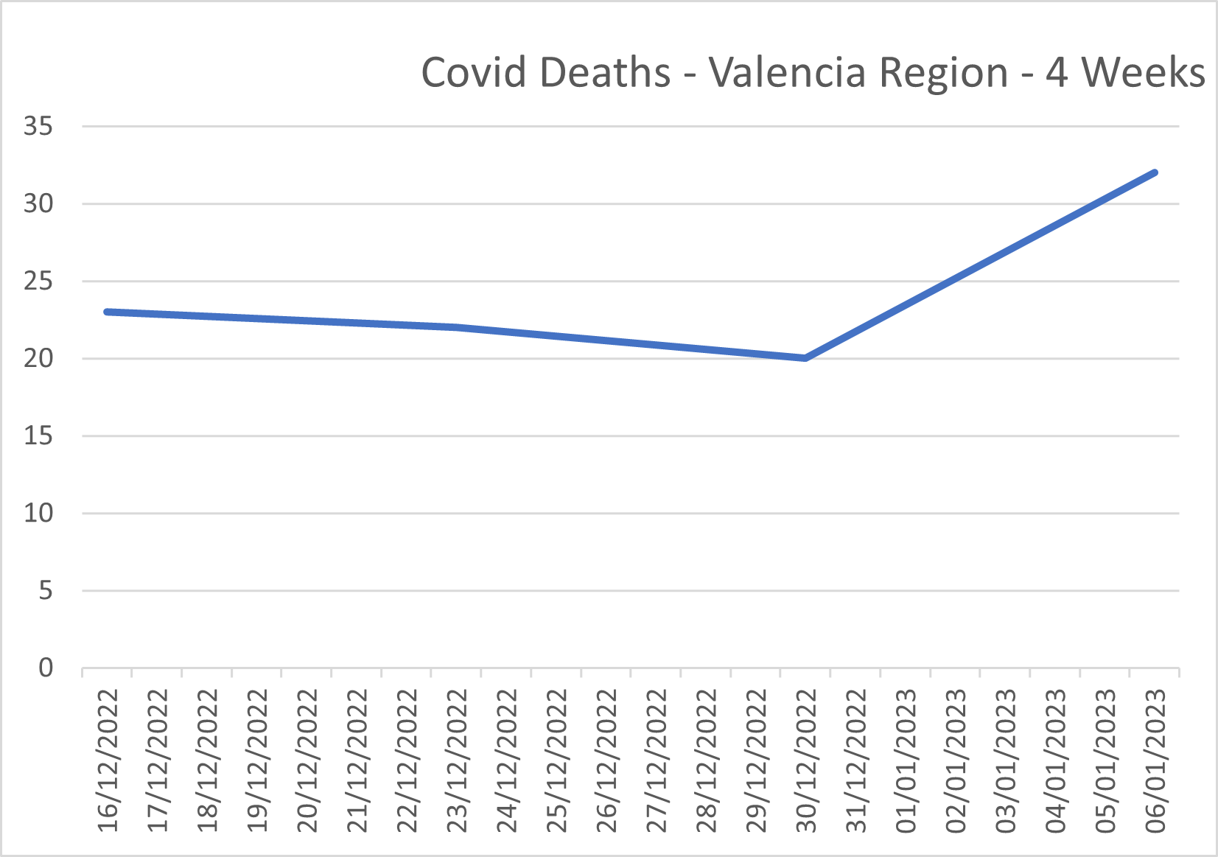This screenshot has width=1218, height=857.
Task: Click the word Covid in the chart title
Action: pos(472,73)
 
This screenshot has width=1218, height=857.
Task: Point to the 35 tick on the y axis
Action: pos(38,126)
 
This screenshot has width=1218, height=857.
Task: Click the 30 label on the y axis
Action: pos(38,203)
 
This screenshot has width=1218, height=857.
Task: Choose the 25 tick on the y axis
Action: pos(38,281)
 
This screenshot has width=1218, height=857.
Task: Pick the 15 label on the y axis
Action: pos(38,436)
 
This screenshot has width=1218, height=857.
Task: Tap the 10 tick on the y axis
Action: pos(38,513)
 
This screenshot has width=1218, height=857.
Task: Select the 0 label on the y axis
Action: pos(46,668)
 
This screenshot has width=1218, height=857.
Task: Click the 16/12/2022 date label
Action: pos(108,760)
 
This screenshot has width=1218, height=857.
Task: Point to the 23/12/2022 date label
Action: pos(458,760)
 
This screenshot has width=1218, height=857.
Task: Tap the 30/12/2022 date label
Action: pos(807,760)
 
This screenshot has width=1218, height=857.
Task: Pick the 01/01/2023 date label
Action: pos(906,760)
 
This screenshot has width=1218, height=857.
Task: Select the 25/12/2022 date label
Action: pos(557,760)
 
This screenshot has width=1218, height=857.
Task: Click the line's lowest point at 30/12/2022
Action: pos(805,358)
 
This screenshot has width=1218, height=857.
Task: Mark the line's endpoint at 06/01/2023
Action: pos(1155,172)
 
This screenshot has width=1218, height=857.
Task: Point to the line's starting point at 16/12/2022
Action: pos(108,312)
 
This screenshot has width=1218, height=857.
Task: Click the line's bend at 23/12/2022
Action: pos(457,327)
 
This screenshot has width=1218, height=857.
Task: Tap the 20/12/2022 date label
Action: pos(307,760)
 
